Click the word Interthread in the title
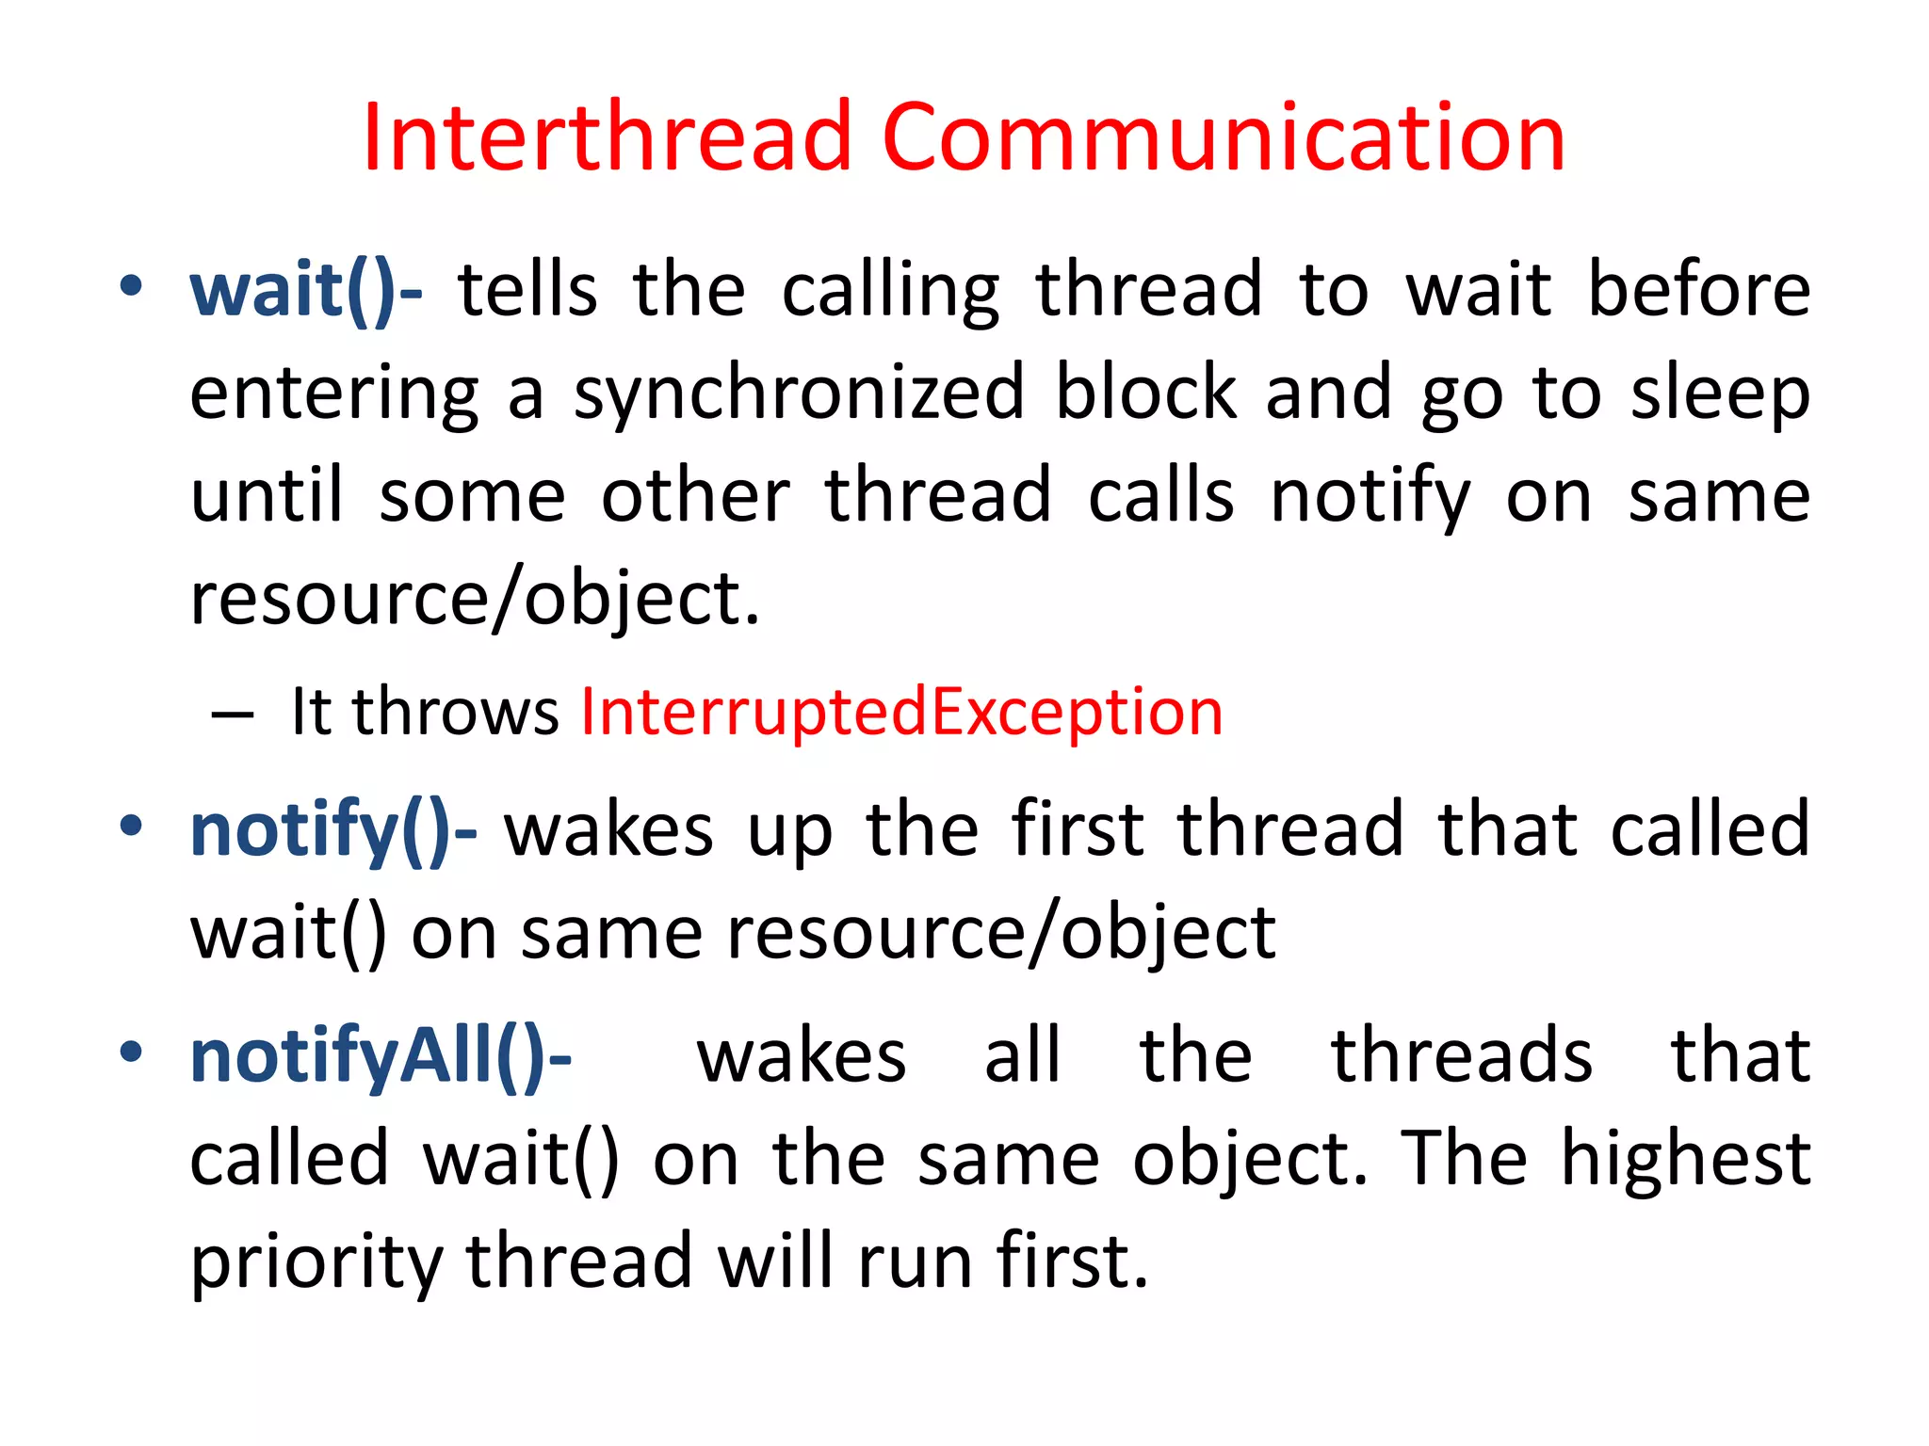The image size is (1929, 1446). tap(608, 138)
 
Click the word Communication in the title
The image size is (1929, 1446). tap(1223, 138)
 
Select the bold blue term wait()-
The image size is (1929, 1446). tap(306, 291)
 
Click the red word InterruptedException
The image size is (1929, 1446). tap(901, 712)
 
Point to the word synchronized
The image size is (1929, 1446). tap(800, 394)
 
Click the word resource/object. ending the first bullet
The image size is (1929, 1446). tap(475, 600)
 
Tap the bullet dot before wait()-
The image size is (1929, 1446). tap(131, 286)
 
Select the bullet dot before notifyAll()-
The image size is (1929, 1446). tap(131, 1052)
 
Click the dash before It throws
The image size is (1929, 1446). tap(233, 715)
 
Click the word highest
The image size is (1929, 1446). tap(1685, 1159)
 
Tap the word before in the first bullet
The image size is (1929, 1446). tap(1698, 291)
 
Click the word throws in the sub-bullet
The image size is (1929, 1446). tap(456, 712)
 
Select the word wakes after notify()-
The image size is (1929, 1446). tap(609, 831)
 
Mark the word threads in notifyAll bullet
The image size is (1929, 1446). tap(1461, 1056)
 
